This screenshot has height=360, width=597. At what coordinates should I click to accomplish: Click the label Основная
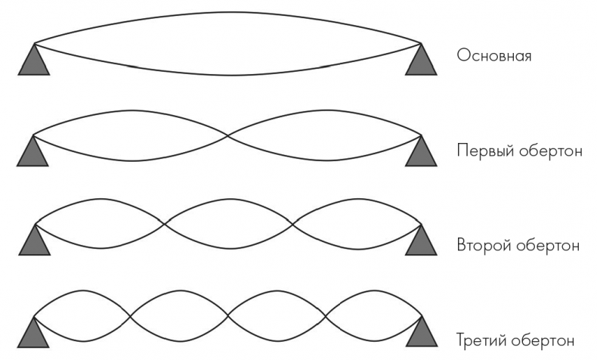pyautogui.click(x=493, y=56)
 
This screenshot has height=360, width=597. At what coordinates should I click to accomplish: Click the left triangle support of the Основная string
pyautogui.click(x=33, y=63)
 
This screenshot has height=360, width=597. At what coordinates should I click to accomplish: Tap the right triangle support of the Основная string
pyautogui.click(x=422, y=63)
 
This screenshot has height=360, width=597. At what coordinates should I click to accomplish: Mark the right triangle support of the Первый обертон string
pyautogui.click(x=422, y=154)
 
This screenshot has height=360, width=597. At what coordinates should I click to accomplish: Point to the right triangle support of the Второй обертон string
pyautogui.click(x=422, y=242)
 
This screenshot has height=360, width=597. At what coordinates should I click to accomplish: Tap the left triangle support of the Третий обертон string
pyautogui.click(x=33, y=334)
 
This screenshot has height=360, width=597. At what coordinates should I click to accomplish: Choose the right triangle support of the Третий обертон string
pyautogui.click(x=422, y=334)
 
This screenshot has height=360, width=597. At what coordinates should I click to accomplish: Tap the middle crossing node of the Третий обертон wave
pyautogui.click(x=227, y=314)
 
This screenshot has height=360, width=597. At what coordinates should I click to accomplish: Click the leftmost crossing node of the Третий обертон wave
pyautogui.click(x=131, y=314)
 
